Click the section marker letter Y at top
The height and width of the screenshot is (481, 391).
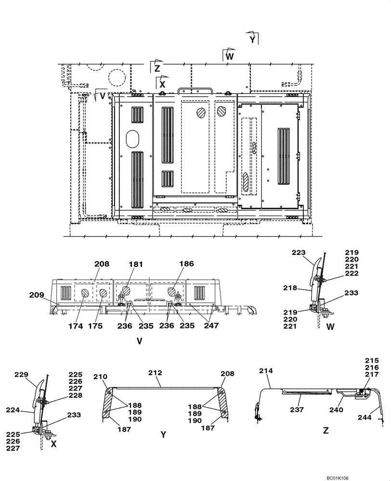253,40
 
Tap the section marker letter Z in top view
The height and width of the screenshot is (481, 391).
156,67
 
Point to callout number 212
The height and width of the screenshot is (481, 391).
155,372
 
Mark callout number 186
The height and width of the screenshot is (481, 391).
186,264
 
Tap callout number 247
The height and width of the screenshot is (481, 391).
211,326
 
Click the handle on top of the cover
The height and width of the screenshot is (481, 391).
191,90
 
